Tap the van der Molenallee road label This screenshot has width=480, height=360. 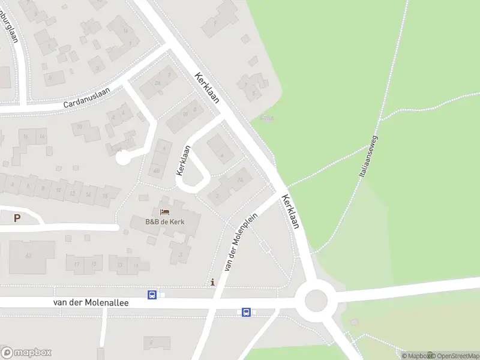click(91, 304)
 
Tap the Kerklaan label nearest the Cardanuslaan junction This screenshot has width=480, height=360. click(206, 88)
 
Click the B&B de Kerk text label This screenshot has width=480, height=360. click(164, 222)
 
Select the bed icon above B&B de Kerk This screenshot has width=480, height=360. click(164, 212)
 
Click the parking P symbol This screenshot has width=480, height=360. click(17, 218)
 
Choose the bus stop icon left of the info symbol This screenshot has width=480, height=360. click(152, 295)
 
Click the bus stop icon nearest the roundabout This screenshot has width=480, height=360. click(246, 312)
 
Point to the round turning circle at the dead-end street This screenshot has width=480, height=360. click(122, 158)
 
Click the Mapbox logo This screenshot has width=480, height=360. click(26, 352)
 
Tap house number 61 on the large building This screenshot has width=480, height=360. click(28, 256)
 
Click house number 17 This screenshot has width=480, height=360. click(76, 264)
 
